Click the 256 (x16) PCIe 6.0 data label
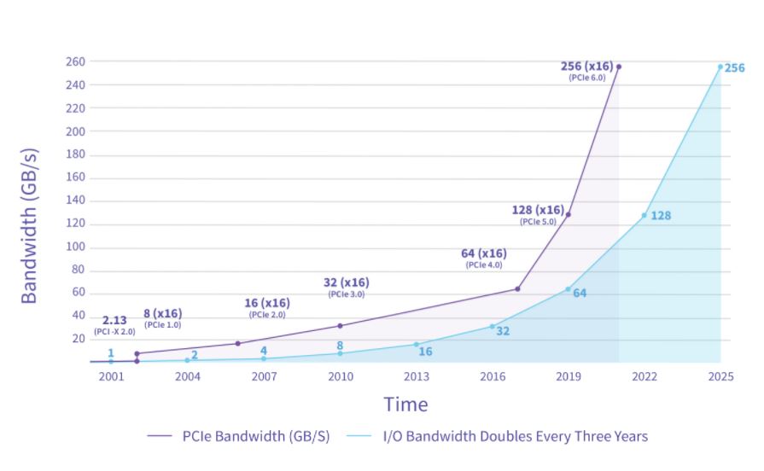pos(588,70)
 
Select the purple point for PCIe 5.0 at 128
pos(568,214)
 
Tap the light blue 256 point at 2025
pos(720,67)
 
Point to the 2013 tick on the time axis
pos(417,376)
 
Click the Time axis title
pos(405,404)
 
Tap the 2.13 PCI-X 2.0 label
pos(114,324)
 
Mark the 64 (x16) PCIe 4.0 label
pos(483,257)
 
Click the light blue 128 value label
pos(661,216)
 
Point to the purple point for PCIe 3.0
pos(340,325)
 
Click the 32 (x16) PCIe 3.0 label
pos(346,287)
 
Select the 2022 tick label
pos(644,376)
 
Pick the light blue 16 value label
pos(425,352)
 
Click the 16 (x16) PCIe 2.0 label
pos(267,307)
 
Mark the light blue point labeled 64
pos(568,288)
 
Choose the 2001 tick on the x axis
pos(111,376)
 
